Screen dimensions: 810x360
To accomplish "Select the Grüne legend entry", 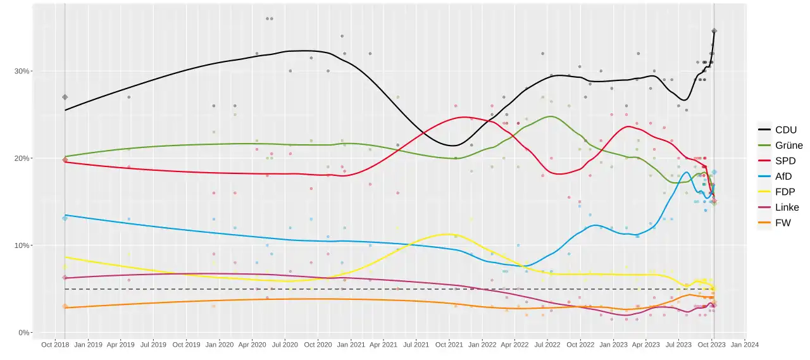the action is [780, 146].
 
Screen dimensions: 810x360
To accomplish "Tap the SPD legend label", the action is [785, 161].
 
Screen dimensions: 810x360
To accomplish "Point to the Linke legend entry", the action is [778, 208].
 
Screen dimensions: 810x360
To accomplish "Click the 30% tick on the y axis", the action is [22, 71].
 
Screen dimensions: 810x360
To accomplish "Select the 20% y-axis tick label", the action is [22, 158].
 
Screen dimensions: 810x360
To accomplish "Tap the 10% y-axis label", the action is [22, 245].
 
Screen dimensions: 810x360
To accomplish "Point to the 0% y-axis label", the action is [24, 333].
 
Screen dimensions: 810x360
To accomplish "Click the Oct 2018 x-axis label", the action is [55, 345].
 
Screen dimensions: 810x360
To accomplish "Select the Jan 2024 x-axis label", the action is [745, 345].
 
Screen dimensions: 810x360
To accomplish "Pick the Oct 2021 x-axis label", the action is [449, 345].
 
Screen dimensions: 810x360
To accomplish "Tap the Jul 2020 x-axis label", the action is [285, 345].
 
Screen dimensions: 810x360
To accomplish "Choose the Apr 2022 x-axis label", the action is [514, 345].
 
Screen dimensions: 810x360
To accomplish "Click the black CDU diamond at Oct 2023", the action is [714, 31].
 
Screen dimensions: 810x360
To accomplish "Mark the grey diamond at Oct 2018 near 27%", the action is [65, 97].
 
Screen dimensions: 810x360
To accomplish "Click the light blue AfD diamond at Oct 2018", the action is [65, 218].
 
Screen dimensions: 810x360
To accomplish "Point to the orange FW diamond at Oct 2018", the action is [65, 306].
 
